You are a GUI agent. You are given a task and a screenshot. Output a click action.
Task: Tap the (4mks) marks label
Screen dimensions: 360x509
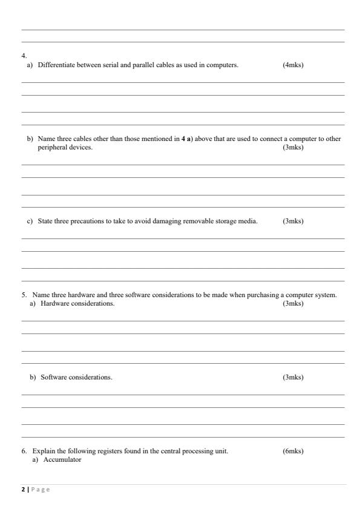(293, 65)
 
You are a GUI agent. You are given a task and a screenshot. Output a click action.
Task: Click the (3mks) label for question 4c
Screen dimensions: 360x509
(293, 222)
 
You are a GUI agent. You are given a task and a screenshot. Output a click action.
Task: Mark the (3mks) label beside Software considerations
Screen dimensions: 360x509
(293, 378)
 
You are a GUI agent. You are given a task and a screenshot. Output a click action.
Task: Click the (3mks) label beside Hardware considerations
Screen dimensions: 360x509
(293, 303)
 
